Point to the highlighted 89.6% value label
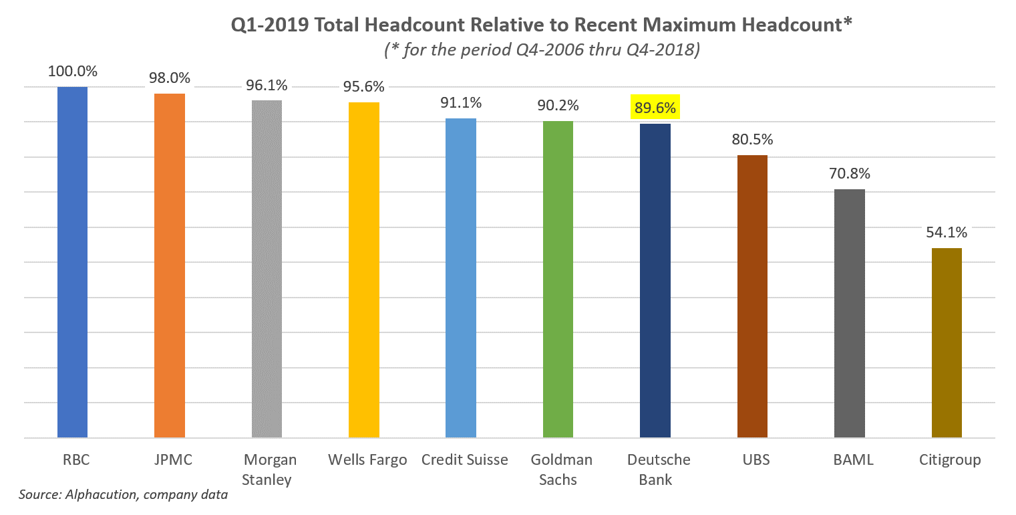[655, 107]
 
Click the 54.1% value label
[946, 233]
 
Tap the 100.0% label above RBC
[72, 72]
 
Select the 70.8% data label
[849, 174]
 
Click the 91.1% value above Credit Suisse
[461, 103]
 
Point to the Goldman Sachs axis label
[558, 470]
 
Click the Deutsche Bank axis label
[655, 470]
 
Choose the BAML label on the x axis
[849, 460]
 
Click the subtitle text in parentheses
[540, 50]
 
